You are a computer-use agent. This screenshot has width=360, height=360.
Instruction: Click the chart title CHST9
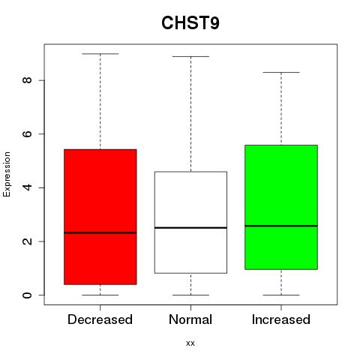tap(190, 22)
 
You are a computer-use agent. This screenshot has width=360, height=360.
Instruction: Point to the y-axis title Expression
tap(7, 174)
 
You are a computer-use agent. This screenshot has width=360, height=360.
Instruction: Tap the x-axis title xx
tap(190, 343)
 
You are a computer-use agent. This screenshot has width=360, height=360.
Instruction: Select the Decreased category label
tap(100, 319)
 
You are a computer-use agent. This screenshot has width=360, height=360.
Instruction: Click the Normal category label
tap(190, 319)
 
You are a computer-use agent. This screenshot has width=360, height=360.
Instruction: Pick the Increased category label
tap(281, 319)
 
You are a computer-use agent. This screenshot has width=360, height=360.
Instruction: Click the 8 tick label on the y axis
tap(27, 80)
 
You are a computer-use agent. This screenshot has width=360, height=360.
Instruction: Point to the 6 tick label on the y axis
tap(27, 133)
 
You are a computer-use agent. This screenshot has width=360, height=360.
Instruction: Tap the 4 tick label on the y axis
tap(27, 187)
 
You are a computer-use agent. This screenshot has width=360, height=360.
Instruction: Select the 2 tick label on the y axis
tap(27, 241)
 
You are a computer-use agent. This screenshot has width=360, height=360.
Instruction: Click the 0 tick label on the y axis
tap(27, 295)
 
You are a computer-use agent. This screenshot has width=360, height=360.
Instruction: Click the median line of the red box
tap(100, 232)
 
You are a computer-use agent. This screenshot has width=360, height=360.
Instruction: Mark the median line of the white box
tap(190, 228)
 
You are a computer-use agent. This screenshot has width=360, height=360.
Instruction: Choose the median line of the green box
tap(281, 226)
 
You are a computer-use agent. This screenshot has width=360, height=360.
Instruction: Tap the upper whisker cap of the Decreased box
tap(100, 54)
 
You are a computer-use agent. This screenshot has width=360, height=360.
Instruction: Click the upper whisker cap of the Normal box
tap(190, 56)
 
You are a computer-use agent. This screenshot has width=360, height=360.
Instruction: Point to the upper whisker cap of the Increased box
tap(281, 72)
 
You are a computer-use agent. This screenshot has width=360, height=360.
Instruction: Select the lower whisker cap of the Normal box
tap(190, 295)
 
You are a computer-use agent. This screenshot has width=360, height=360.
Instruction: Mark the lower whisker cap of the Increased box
tap(281, 295)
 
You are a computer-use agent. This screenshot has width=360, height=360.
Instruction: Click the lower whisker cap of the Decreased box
tap(100, 295)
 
